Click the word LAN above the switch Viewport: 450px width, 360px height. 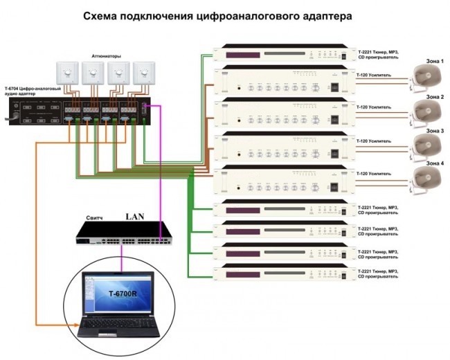click(134, 217)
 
